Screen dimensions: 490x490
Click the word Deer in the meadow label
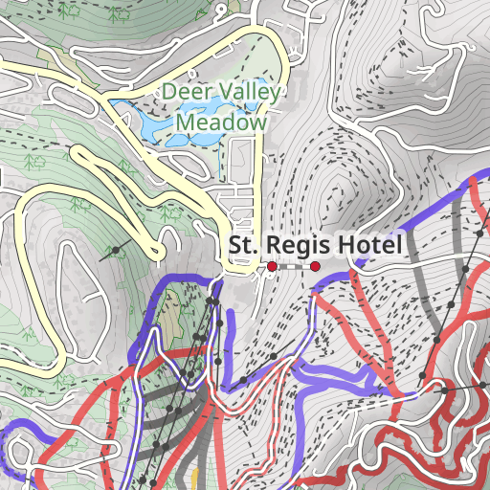tap(183, 93)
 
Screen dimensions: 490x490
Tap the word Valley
tap(245, 93)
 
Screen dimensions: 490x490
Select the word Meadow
tap(220, 122)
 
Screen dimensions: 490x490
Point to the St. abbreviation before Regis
tap(243, 246)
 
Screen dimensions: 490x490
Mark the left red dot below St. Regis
tap(272, 266)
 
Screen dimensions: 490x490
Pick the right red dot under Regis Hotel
tap(316, 267)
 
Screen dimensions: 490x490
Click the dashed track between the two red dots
tap(294, 267)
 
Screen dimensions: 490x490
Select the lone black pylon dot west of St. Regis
tap(117, 251)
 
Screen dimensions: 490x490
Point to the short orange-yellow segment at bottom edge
tap(194, 479)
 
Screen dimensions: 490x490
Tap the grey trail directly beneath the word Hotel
tap(420, 277)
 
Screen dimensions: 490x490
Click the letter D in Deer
tap(168, 93)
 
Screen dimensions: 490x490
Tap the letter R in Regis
tap(270, 246)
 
